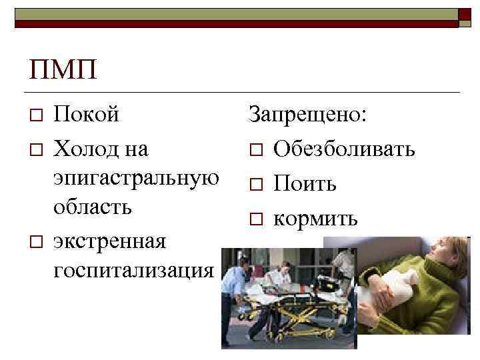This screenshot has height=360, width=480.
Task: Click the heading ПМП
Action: (x=63, y=69)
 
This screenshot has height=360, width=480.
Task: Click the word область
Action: (x=93, y=207)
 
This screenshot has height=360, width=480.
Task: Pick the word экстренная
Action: (x=109, y=239)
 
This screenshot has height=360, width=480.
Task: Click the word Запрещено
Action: (x=307, y=115)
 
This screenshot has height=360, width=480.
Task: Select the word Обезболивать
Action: (x=343, y=148)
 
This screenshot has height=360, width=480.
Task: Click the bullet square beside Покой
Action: (x=37, y=116)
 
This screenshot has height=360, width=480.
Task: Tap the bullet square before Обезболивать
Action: (x=257, y=149)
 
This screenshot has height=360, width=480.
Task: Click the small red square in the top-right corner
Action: (x=464, y=15)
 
